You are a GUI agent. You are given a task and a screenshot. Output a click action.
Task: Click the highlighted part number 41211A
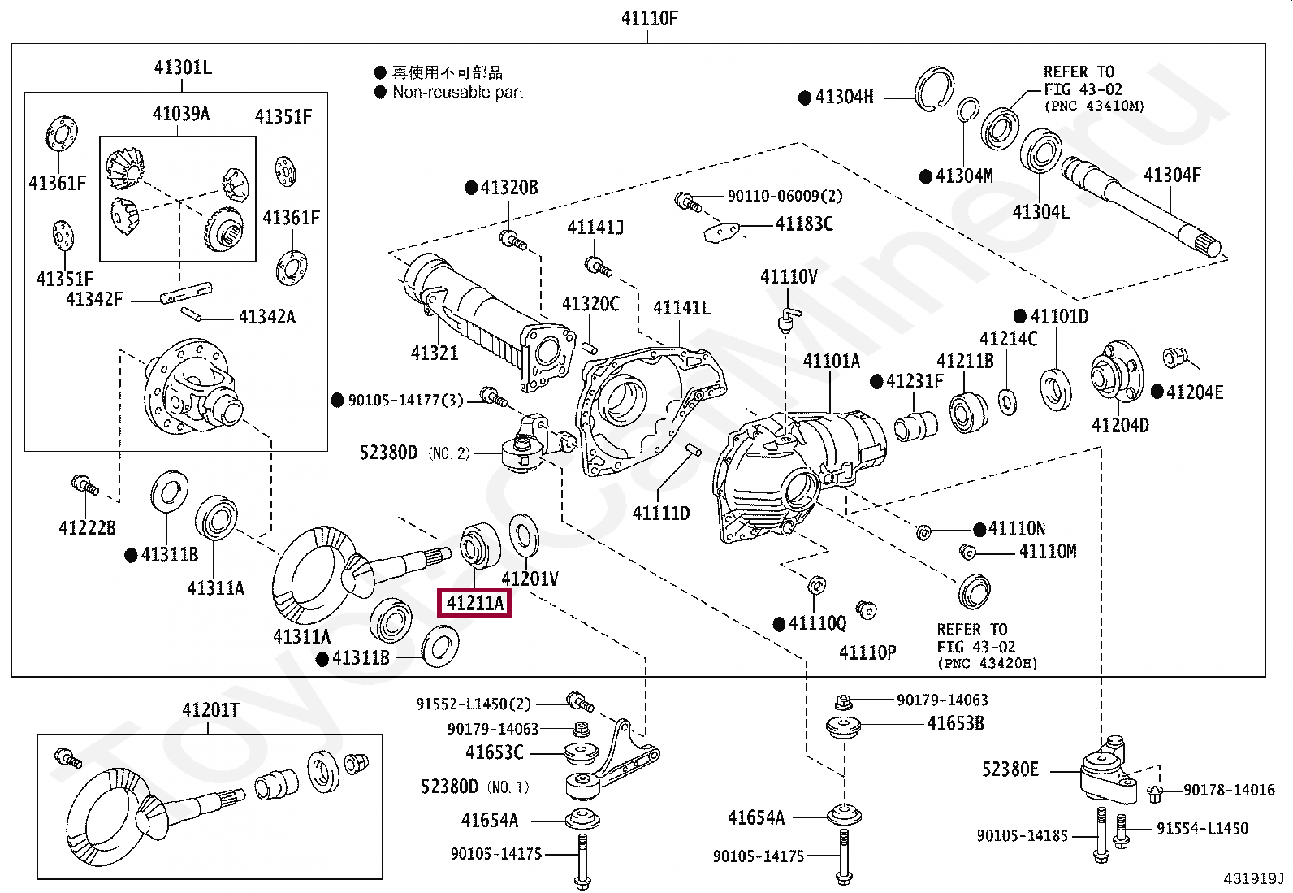(x=474, y=604)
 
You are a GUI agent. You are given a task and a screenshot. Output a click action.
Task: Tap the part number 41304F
(x=1171, y=174)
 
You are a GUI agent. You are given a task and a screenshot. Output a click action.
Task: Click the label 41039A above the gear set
(x=180, y=114)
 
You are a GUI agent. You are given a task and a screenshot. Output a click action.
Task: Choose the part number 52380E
(x=1010, y=769)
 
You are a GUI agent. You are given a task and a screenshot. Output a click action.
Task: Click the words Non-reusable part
(x=458, y=93)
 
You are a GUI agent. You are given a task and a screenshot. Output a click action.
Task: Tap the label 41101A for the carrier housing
(x=832, y=361)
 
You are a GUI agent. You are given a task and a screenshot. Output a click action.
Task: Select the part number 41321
(x=435, y=353)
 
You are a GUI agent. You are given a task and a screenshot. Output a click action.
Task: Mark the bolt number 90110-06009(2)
(x=773, y=196)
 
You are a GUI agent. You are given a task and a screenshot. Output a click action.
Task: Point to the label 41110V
(x=789, y=277)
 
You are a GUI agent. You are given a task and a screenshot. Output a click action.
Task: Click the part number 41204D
(x=1120, y=425)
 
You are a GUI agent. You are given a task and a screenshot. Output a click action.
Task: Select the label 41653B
(x=955, y=723)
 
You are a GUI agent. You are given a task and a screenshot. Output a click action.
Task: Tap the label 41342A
(x=266, y=317)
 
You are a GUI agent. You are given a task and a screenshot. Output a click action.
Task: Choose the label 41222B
(x=87, y=528)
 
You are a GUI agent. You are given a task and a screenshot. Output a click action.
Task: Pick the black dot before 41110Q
(x=779, y=624)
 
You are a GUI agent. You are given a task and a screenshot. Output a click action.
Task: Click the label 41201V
(x=530, y=579)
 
